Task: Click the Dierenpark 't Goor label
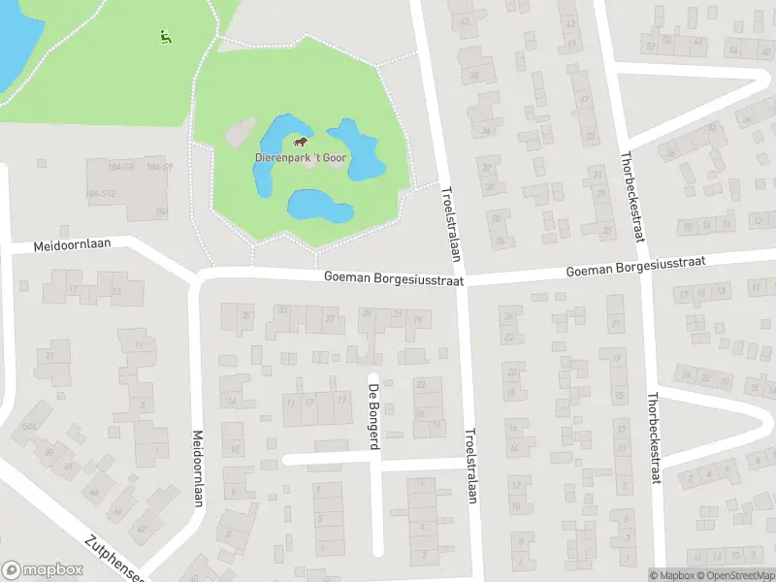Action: coord(302,157)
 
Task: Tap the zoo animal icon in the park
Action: coord(301,142)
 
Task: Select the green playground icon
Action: coord(164,38)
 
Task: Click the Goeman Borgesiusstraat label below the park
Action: coord(394,278)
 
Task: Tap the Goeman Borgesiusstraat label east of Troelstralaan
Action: coord(635,265)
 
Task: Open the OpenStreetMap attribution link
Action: coord(737,575)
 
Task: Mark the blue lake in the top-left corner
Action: coord(15,39)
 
